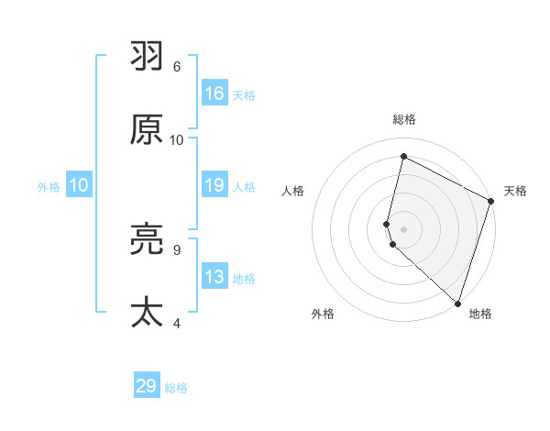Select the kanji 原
[147, 130]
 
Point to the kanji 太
[147, 313]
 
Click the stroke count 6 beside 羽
[177, 67]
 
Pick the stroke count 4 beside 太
[177, 323]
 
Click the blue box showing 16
[214, 94]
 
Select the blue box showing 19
[214, 185]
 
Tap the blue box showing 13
[214, 277]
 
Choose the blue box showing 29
[147, 386]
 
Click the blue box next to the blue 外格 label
[79, 185]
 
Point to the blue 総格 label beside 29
[176, 388]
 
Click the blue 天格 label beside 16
[244, 94]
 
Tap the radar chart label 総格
[404, 119]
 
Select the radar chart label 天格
[515, 191]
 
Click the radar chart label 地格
[480, 314]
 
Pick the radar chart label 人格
[293, 191]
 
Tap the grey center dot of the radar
[404, 228]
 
